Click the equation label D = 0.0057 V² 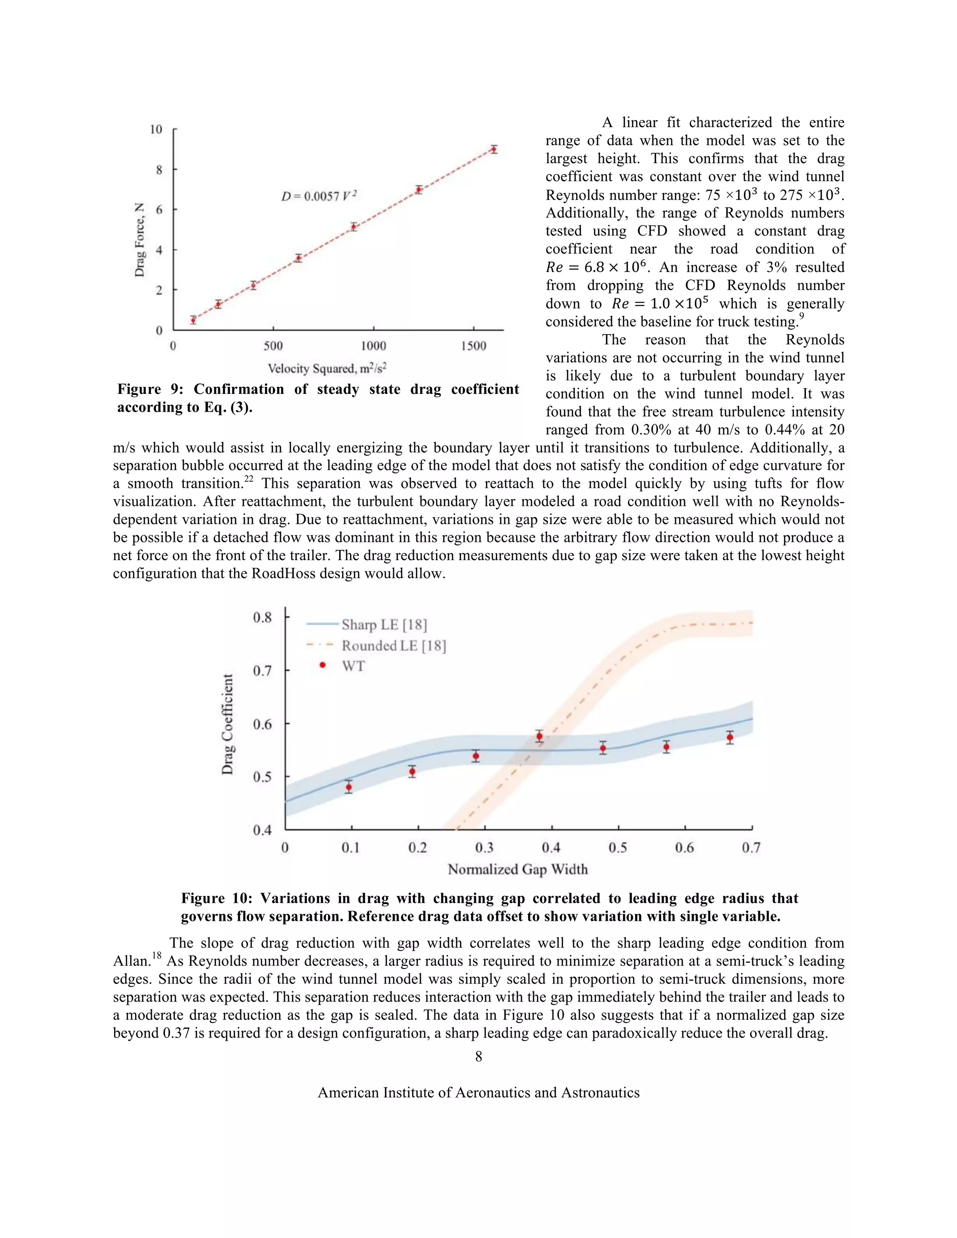pyautogui.click(x=319, y=197)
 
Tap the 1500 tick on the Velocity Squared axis pyautogui.click(x=473, y=346)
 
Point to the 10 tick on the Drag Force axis pyautogui.click(x=156, y=130)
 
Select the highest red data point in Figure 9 pyautogui.click(x=494, y=149)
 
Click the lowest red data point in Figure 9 pyautogui.click(x=193, y=320)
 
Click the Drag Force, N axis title pyautogui.click(x=139, y=240)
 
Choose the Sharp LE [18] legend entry pyautogui.click(x=384, y=625)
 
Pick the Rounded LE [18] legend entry pyautogui.click(x=393, y=646)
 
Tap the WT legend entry pyautogui.click(x=353, y=666)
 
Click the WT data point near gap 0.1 pyautogui.click(x=349, y=787)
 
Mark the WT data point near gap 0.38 pyautogui.click(x=539, y=737)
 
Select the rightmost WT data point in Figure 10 pyautogui.click(x=729, y=738)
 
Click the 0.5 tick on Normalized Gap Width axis pyautogui.click(x=617, y=848)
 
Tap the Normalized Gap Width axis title pyautogui.click(x=518, y=869)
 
